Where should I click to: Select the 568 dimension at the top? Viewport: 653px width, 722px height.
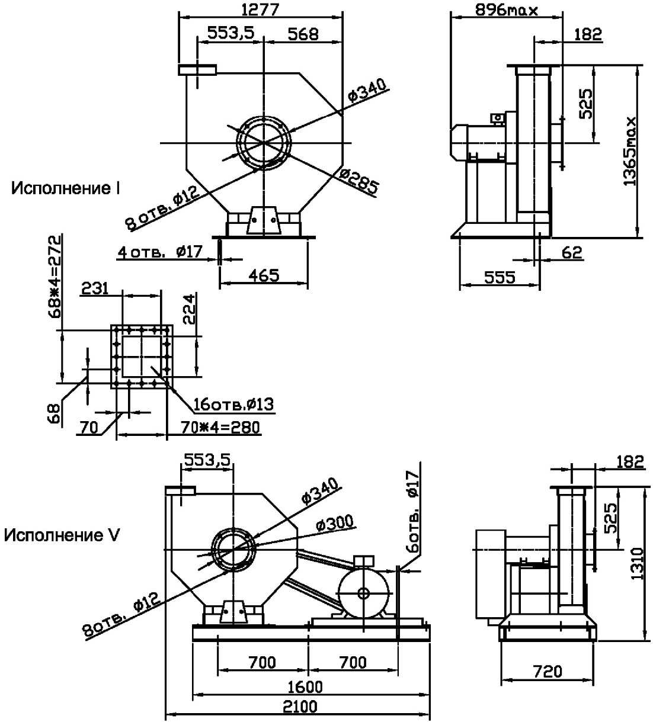pos(303,34)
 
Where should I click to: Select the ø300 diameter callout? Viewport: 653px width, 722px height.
pos(335,524)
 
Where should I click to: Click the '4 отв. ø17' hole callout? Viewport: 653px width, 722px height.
pos(160,252)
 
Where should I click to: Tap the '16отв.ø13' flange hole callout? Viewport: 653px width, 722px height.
pos(233,405)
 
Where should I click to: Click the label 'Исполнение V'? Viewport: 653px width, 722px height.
pos(62,535)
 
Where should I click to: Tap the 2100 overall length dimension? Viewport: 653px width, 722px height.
pos(299,707)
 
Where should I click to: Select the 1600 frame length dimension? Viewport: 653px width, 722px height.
pos(309,686)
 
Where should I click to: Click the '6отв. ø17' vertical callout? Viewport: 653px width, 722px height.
pos(413,512)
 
